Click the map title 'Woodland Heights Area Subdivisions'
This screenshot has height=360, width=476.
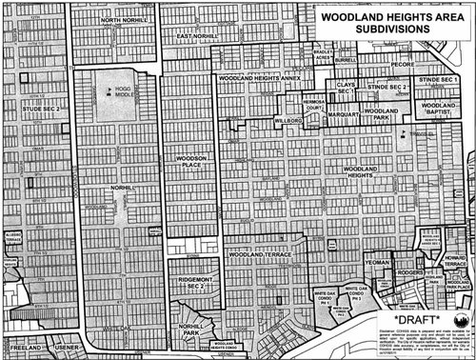pyautogui.click(x=387, y=23)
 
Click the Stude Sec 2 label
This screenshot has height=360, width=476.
pyautogui.click(x=40, y=110)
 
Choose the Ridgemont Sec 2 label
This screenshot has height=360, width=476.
pyautogui.click(x=191, y=283)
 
